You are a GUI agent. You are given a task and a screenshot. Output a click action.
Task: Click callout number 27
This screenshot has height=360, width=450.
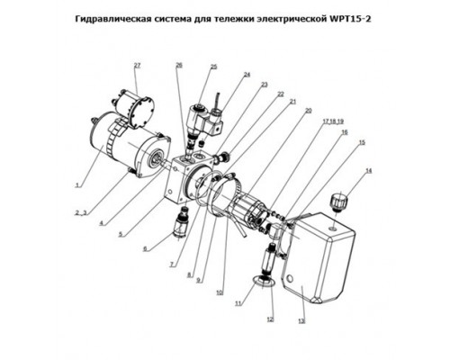[137, 65]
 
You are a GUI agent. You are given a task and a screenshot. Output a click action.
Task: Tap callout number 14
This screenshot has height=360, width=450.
[368, 171]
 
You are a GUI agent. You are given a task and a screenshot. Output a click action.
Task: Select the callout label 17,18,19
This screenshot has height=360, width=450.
[333, 121]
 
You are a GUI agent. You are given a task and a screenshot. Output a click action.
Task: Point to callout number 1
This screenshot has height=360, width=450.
[77, 185]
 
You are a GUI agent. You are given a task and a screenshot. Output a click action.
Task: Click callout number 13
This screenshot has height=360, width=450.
[301, 321]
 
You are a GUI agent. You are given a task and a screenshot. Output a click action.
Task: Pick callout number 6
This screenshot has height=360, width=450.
[145, 248]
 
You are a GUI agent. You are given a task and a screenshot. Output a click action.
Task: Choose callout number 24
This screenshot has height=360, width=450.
[247, 75]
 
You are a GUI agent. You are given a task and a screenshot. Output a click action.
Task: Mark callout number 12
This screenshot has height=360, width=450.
[270, 319]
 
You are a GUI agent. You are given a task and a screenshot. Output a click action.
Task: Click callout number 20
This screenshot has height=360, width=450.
[308, 111]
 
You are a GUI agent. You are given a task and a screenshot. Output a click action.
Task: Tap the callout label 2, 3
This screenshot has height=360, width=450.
[81, 213]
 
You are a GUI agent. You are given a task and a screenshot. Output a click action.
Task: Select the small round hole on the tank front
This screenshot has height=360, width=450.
[289, 278]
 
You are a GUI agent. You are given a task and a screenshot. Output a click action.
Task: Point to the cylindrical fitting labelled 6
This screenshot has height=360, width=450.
[180, 224]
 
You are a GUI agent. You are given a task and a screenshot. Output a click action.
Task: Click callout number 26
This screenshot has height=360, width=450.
[179, 65]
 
